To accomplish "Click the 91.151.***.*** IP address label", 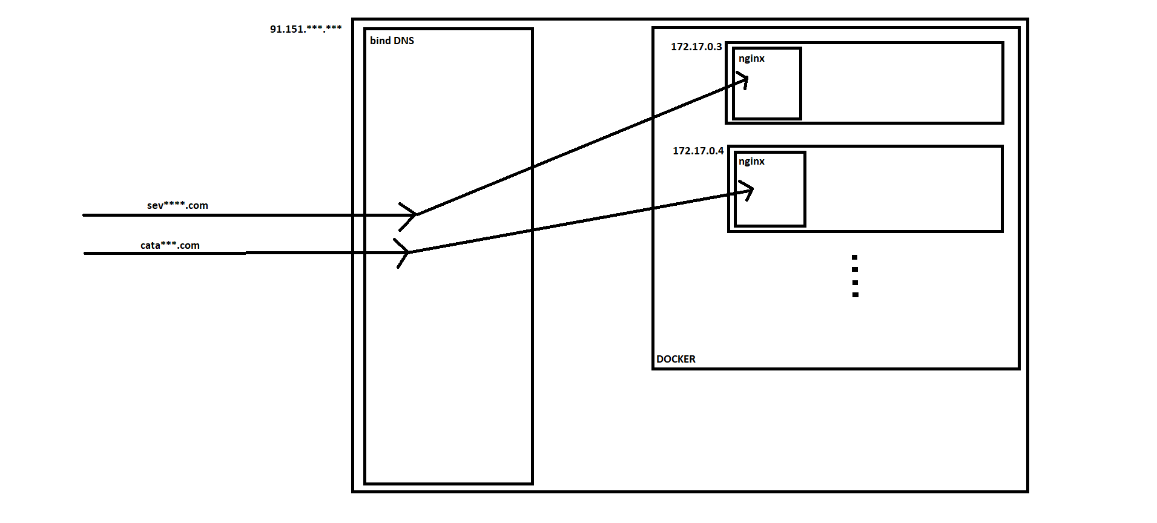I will click(x=306, y=29).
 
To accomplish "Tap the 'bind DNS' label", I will click(x=392, y=41).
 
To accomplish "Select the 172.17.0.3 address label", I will click(x=696, y=47).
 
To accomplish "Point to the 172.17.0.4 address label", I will click(x=698, y=151).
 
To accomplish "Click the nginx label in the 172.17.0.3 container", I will click(x=751, y=59).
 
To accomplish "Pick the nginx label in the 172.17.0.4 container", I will click(x=751, y=162).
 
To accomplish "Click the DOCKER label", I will click(x=676, y=359).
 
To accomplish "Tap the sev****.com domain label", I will click(x=177, y=206).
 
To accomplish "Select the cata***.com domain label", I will click(x=170, y=245).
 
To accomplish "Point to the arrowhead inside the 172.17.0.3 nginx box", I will click(x=743, y=79).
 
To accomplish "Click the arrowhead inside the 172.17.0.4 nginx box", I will click(x=748, y=191).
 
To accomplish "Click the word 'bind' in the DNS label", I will click(x=380, y=41).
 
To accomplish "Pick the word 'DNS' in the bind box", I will click(x=404, y=41).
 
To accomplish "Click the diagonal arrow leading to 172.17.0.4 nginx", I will click(x=581, y=221).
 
